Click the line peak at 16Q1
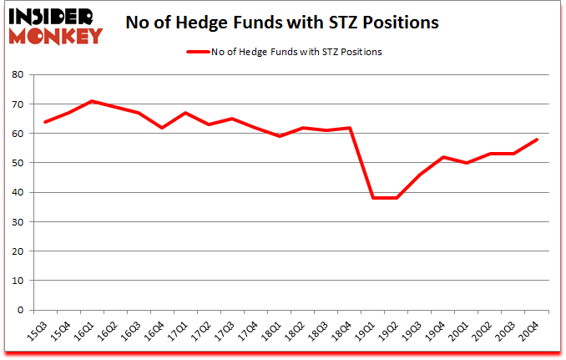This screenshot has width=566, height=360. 93,101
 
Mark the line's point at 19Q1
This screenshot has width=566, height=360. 373,198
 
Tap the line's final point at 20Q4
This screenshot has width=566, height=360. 537,139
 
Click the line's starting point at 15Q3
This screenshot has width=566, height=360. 45,122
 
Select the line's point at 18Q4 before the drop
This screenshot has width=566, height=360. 350,128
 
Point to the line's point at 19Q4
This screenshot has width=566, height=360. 443,157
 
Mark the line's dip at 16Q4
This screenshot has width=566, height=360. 162,128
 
